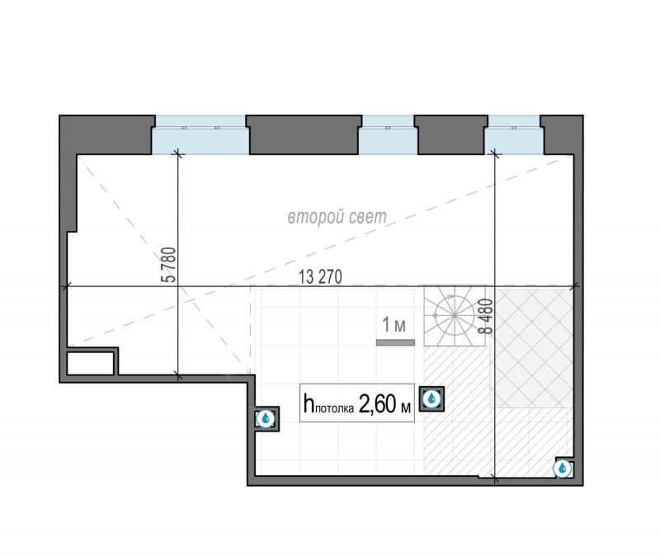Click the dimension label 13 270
click(320, 277)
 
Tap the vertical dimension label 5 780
click(168, 265)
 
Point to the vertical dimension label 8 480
click(486, 316)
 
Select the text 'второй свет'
click(337, 217)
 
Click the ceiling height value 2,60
click(377, 403)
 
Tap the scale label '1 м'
click(394, 325)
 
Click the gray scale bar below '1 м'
click(395, 342)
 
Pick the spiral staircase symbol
click(455, 315)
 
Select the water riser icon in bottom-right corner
click(563, 468)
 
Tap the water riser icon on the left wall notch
click(266, 419)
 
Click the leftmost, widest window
click(200, 134)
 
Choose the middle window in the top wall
click(388, 134)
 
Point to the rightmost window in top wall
click(514, 134)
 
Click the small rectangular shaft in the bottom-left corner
click(91, 363)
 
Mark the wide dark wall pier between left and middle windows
click(304, 134)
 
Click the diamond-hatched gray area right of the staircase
click(532, 346)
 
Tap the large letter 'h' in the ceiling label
click(309, 403)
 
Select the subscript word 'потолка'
click(334, 408)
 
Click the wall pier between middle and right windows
click(451, 134)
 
